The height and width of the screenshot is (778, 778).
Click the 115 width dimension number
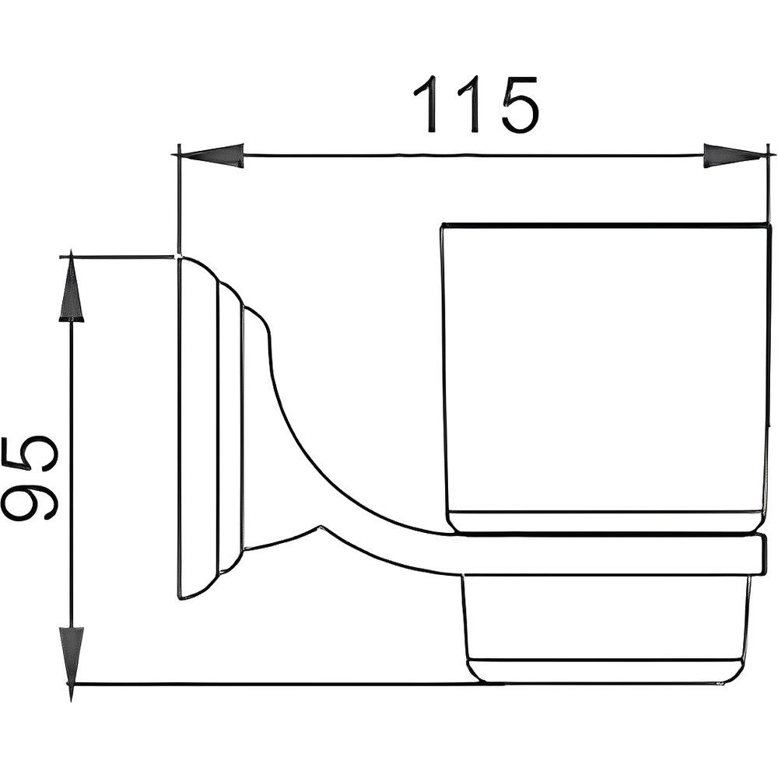(476, 105)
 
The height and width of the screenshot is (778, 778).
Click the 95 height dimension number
(30, 478)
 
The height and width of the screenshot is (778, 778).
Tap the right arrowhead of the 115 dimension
(734, 156)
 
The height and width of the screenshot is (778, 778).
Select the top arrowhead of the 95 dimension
(72, 287)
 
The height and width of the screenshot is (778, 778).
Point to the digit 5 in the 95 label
(30, 455)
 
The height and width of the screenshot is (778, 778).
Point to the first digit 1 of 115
(429, 104)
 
